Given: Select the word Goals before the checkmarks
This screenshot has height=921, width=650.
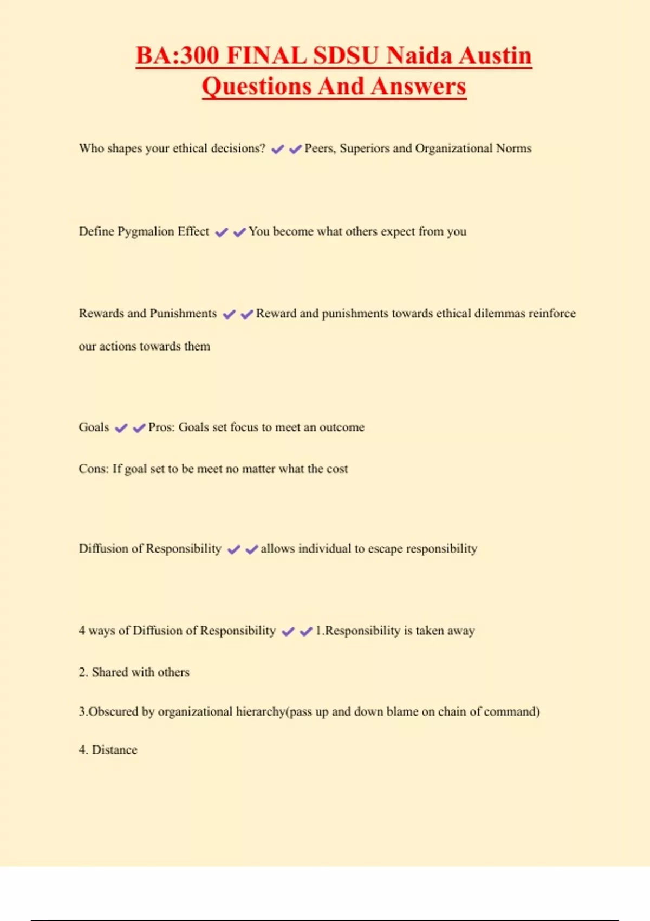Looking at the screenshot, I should [x=94, y=427].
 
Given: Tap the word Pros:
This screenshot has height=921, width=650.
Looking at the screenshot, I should [x=161, y=427].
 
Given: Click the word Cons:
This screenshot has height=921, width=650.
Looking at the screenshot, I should [x=93, y=469].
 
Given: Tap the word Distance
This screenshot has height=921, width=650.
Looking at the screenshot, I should [x=114, y=750].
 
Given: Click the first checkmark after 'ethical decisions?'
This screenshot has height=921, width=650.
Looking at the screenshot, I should [x=278, y=149].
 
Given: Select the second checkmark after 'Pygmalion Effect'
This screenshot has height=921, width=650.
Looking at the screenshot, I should [x=239, y=232].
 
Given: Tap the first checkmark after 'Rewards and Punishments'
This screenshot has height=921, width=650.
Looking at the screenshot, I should [x=229, y=314].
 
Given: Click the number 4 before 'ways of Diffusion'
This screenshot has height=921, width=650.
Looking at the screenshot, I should [x=82, y=631].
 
